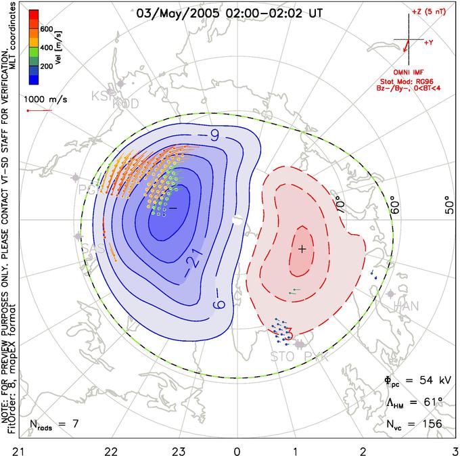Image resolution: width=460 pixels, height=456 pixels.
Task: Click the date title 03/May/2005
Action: coord(177,12)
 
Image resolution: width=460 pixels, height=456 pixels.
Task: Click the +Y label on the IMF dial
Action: coord(429,42)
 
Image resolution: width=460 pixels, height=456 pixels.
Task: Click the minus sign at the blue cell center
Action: coord(172,208)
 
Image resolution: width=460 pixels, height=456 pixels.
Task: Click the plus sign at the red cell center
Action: coord(302,249)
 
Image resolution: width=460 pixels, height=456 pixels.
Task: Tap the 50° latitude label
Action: coord(447,206)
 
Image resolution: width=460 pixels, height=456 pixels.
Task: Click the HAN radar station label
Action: coord(406,306)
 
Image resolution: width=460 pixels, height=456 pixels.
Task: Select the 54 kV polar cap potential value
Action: coord(424,381)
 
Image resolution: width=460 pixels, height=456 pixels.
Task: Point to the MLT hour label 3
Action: coord(455,449)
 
